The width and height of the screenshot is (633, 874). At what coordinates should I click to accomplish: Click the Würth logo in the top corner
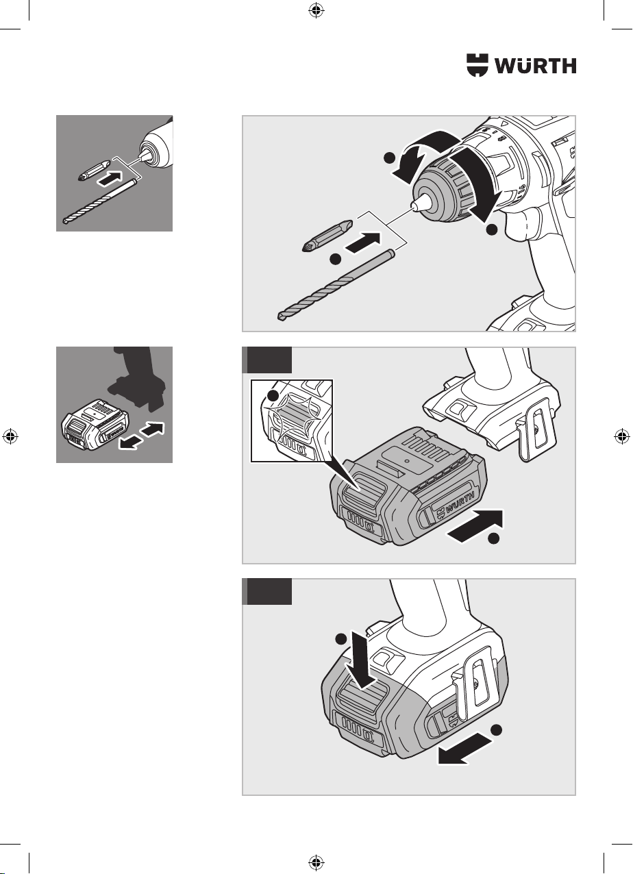click(521, 65)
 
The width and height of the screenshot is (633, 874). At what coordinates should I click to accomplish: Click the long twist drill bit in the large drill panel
click(337, 285)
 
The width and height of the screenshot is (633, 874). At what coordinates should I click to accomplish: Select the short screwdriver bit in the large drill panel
click(328, 236)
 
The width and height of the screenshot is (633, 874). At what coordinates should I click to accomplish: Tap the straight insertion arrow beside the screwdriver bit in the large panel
click(363, 243)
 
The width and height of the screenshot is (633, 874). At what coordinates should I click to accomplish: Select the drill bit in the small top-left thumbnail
click(99, 201)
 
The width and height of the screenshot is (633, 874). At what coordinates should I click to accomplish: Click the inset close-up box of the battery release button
click(292, 421)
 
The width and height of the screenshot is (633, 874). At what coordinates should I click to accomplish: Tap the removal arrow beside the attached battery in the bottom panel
click(464, 748)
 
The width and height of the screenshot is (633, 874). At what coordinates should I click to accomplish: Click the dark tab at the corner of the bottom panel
click(267, 592)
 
